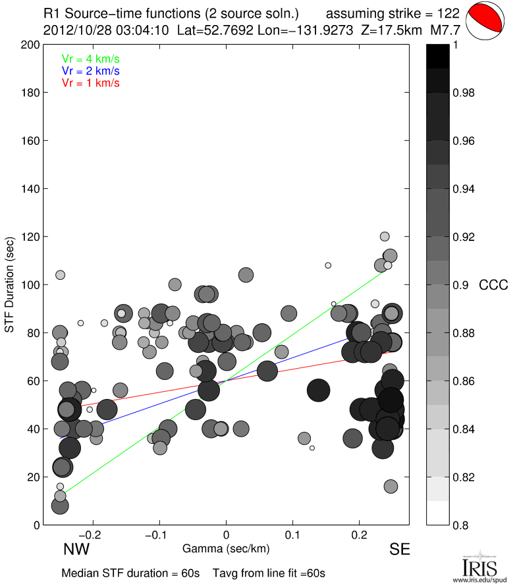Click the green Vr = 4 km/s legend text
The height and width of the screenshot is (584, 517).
tap(91, 59)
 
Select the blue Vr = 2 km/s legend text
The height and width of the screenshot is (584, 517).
tap(91, 70)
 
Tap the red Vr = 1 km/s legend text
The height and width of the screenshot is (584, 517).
tap(91, 82)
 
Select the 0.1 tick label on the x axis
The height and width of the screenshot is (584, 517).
tap(293, 533)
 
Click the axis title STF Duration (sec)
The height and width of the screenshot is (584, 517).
tap(10, 284)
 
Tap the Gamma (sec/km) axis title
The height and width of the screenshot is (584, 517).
tap(226, 548)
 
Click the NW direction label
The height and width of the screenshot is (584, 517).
tap(76, 549)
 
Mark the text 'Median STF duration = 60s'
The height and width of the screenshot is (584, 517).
tap(130, 573)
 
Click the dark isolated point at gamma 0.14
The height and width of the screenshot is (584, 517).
tap(319, 390)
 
